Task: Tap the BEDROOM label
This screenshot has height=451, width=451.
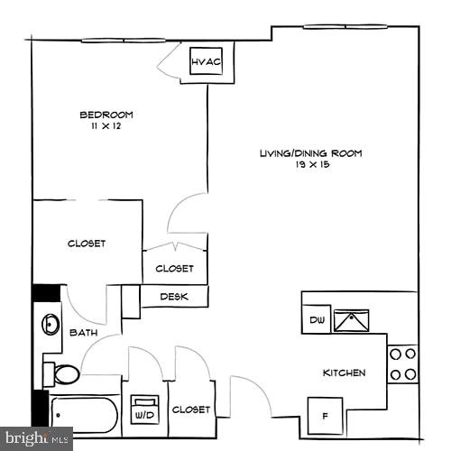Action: [106, 115]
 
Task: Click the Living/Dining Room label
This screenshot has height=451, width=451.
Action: [310, 153]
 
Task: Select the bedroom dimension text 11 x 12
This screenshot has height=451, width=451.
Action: [106, 128]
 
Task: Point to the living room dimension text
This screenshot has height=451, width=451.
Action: [310, 166]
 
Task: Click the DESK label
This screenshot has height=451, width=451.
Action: [174, 296]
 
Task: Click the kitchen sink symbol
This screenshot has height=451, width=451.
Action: [351, 319]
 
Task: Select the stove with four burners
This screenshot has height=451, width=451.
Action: [403, 364]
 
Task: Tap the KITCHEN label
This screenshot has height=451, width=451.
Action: [344, 373]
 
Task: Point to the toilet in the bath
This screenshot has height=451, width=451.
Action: [62, 373]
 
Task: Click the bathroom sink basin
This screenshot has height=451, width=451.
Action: [50, 324]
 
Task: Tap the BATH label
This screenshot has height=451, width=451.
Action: [84, 333]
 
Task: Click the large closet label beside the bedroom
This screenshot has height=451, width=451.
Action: [87, 244]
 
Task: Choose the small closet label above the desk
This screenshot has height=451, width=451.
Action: [174, 268]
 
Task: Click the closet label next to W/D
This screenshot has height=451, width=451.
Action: [190, 410]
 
